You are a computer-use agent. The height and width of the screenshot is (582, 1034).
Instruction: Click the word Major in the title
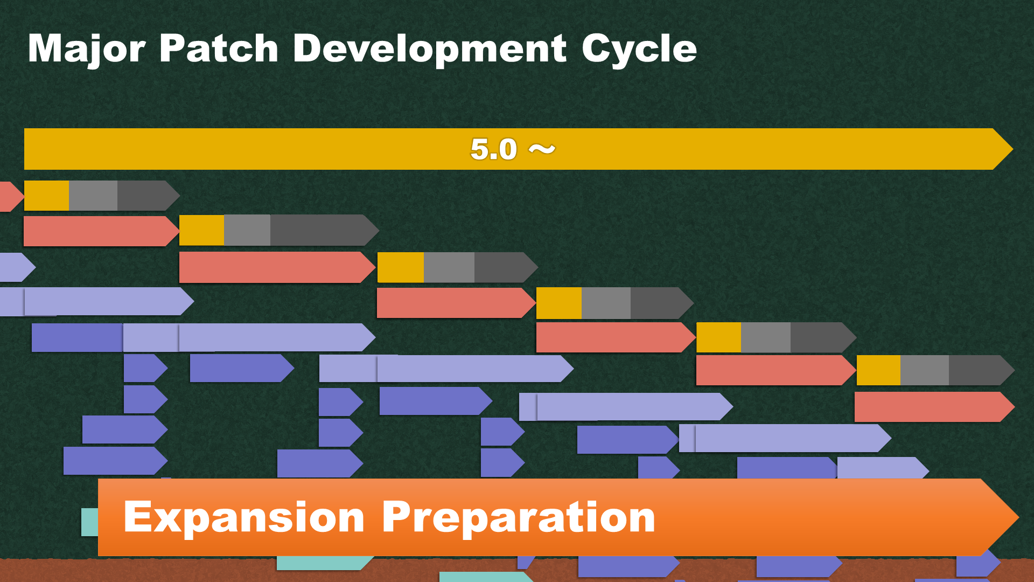(x=87, y=50)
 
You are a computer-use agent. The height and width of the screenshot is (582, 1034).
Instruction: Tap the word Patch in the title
(x=219, y=48)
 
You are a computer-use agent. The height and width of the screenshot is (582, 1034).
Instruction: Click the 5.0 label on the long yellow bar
(x=493, y=149)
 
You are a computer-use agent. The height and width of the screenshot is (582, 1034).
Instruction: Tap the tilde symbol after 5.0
(x=542, y=149)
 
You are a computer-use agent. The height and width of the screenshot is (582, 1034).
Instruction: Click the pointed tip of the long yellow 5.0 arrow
(x=1012, y=149)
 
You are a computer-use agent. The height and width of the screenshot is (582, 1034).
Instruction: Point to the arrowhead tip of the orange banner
(x=1018, y=517)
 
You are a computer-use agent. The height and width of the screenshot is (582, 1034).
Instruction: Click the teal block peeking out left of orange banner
(x=89, y=522)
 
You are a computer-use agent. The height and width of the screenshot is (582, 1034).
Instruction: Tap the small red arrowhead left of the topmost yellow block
(x=11, y=196)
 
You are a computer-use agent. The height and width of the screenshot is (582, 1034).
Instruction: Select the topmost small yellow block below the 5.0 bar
(x=46, y=195)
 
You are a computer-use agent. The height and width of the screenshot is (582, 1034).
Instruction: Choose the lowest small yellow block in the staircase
(x=878, y=370)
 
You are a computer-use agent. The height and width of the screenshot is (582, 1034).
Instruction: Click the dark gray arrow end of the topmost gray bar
(x=149, y=195)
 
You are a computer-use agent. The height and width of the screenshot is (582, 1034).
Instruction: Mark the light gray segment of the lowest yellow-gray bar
(x=925, y=370)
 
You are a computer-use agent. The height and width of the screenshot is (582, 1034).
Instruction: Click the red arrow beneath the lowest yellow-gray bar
(x=934, y=407)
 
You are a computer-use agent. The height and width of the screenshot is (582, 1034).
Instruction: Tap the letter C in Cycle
(x=598, y=48)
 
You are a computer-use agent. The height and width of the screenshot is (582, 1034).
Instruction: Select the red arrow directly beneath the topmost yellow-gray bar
(x=101, y=231)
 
